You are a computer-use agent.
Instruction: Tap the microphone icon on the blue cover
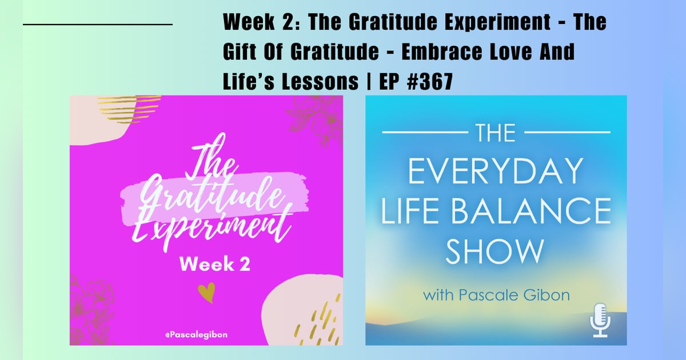(600, 320)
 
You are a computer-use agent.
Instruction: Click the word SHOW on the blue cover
(495, 252)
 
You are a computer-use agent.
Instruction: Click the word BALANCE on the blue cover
(537, 212)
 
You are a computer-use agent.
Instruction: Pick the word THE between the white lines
(496, 133)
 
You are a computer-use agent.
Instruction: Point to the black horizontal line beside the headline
(98, 25)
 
